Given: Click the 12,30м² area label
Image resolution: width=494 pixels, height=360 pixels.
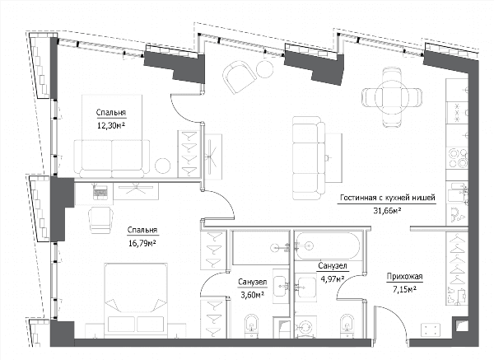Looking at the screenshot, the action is (x=111, y=126).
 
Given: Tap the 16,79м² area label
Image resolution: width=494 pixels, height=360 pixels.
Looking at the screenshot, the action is (x=142, y=243).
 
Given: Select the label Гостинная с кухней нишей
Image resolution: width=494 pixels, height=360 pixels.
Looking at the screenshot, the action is (x=388, y=198).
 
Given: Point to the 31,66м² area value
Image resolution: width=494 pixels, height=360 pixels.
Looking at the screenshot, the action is (x=387, y=211).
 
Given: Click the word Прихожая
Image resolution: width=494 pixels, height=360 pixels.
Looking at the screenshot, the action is (x=404, y=277).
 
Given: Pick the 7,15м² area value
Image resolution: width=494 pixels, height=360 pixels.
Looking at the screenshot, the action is (x=404, y=289).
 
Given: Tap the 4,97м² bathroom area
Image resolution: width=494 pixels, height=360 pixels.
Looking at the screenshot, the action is (x=332, y=278).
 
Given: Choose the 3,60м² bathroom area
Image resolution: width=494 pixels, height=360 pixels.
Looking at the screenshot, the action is (x=251, y=295).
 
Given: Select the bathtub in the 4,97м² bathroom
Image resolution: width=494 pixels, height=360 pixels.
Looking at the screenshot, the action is (x=328, y=246).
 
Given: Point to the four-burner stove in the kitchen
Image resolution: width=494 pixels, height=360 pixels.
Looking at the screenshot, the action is (x=457, y=157).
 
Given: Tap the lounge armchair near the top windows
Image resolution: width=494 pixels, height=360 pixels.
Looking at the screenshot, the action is (x=238, y=76).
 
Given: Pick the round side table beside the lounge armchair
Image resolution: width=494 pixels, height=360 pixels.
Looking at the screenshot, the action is (x=264, y=68).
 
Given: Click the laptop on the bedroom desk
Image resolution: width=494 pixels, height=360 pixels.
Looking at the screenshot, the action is (x=100, y=191).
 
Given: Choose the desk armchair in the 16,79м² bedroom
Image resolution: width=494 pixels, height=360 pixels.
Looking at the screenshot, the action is (x=101, y=220).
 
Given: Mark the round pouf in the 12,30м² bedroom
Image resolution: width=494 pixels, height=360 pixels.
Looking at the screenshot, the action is (x=163, y=166).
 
